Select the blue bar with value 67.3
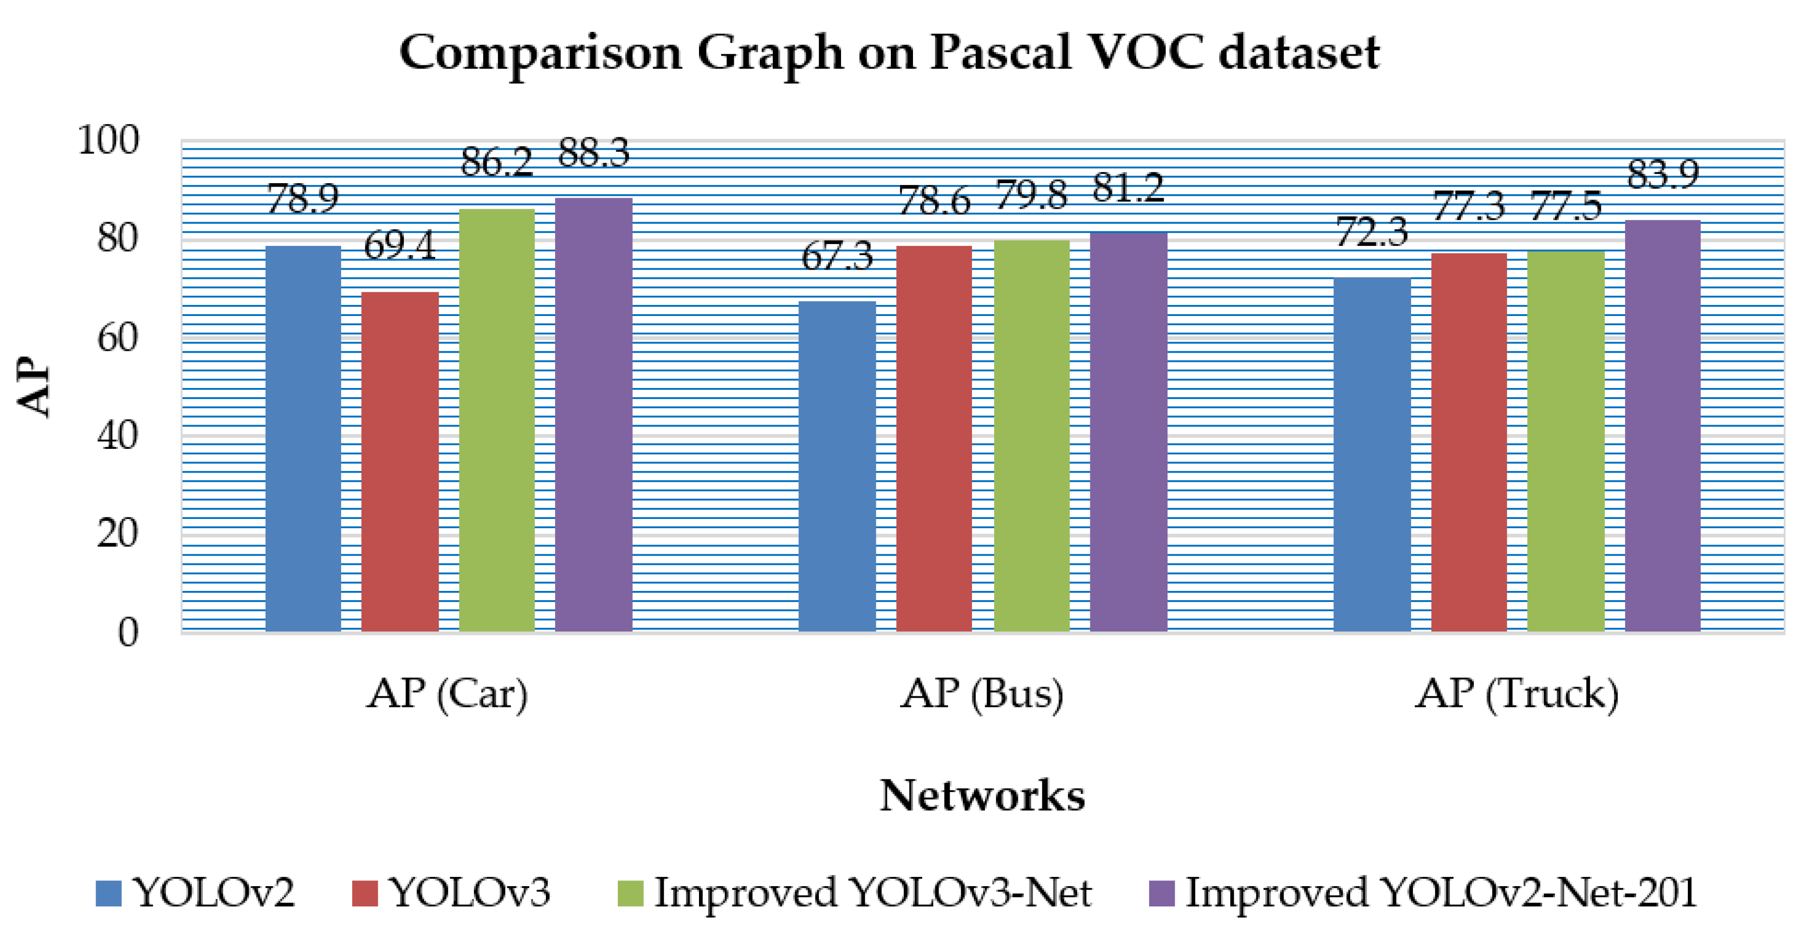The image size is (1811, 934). tap(837, 466)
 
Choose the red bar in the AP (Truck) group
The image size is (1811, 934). tap(1469, 441)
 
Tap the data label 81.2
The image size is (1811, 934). tap(1128, 188)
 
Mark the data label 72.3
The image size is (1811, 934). tap(1371, 233)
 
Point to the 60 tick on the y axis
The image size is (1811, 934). tap(117, 338)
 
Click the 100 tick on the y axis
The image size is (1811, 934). tap(108, 141)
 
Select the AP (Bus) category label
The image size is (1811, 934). tap(982, 694)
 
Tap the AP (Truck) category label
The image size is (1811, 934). tap(1516, 694)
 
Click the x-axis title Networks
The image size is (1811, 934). tap(982, 795)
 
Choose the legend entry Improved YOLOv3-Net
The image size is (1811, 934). tap(872, 893)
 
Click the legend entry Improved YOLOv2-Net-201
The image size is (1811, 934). tap(1440, 893)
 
